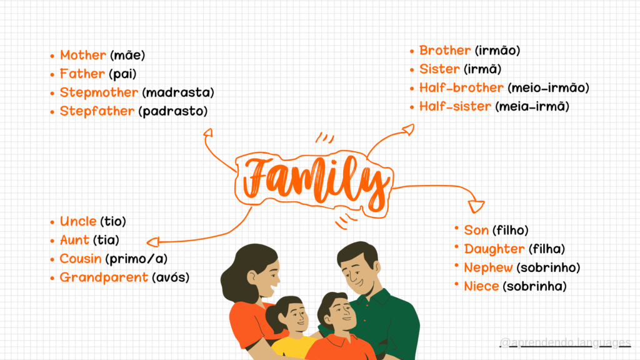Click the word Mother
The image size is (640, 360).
click(x=83, y=55)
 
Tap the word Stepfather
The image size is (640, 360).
click(x=97, y=111)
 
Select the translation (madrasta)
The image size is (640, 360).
click(x=178, y=92)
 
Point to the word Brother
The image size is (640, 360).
click(x=445, y=51)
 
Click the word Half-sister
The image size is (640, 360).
click(x=455, y=106)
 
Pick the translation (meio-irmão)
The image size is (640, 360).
click(x=548, y=87)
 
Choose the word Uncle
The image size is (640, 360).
click(x=78, y=221)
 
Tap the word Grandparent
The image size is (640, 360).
click(x=104, y=277)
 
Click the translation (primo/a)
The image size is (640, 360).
click(x=136, y=259)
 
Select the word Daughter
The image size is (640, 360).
click(x=494, y=249)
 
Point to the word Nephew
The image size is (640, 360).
click(x=488, y=267)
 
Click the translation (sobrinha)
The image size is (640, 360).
click(x=535, y=286)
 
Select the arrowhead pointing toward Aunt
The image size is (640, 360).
click(x=153, y=242)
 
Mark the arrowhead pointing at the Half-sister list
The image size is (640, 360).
click(x=409, y=130)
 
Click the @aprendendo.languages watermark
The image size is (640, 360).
click(x=565, y=342)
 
